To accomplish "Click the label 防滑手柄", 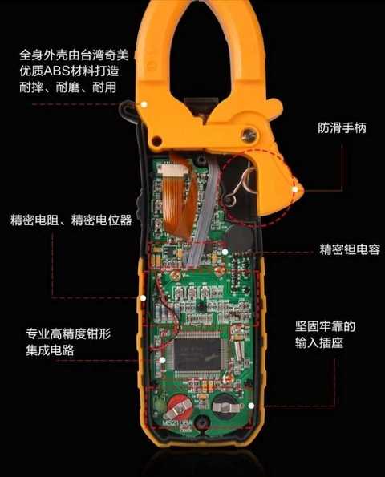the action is coord(342,128).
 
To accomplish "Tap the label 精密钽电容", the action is coord(350,249).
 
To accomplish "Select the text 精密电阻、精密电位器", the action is coord(71,220).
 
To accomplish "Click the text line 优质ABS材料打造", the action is coord(69,71).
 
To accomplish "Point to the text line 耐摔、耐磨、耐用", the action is coord(68,87).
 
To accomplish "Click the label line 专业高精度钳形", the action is coord(68,333).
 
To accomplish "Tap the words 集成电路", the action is coord(50,350).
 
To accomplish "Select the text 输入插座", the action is coord(319,343).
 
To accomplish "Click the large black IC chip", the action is coord(197,354).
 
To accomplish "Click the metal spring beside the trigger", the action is coord(241,186).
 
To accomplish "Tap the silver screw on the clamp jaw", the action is coord(249,134).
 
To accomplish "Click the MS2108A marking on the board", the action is coord(177,422).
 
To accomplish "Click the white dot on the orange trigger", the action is coord(294,189).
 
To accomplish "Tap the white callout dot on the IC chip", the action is coord(162,360).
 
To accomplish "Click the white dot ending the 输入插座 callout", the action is coord(251,406).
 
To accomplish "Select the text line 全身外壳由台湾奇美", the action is coord(75,55).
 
